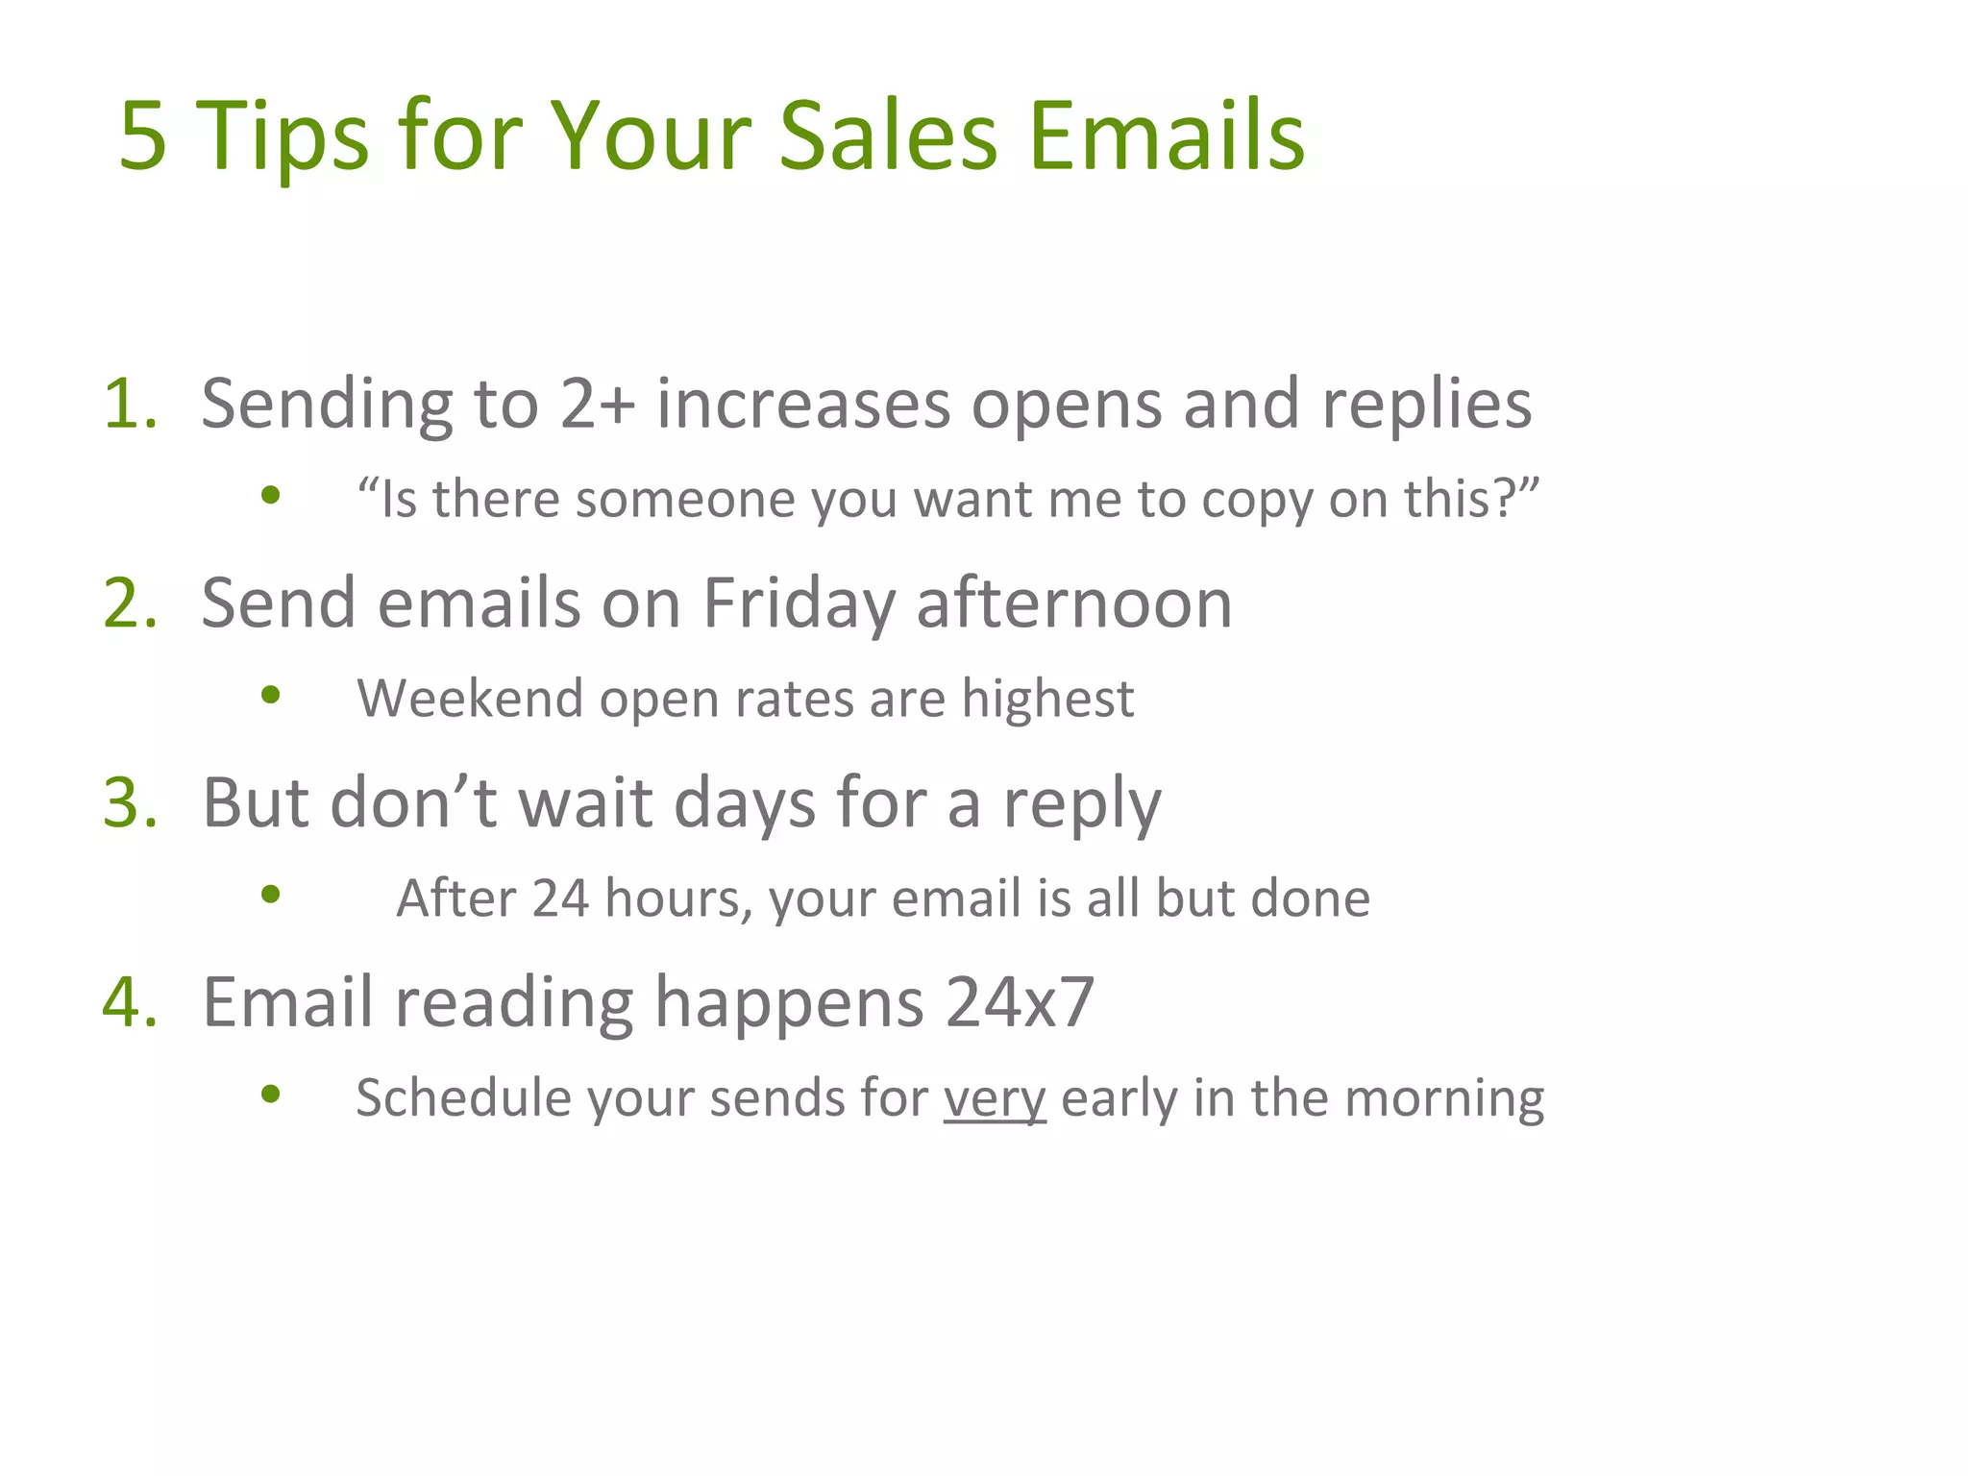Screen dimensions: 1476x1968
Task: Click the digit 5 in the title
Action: tap(143, 136)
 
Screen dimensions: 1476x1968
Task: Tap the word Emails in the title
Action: tap(1166, 136)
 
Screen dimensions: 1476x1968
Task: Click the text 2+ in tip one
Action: tap(597, 404)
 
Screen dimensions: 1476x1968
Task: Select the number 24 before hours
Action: tap(560, 898)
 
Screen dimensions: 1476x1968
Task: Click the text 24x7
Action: tap(1020, 1002)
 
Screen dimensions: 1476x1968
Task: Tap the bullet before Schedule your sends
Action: tap(271, 1094)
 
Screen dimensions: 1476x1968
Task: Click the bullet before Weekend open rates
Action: tap(271, 694)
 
